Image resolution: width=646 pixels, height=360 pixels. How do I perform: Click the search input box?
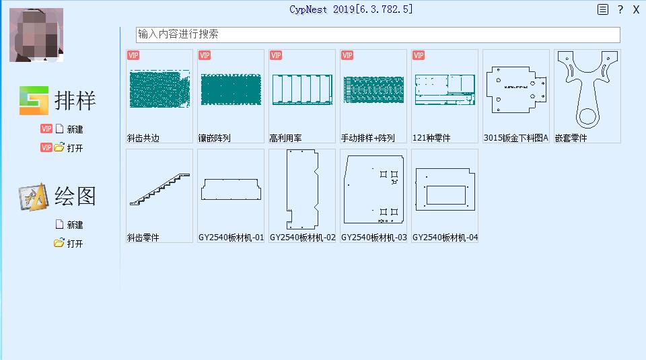378,34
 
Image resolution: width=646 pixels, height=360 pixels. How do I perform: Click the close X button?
636,10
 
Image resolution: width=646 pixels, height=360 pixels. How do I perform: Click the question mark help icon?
620,10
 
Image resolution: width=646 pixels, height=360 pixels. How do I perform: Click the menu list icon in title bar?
603,9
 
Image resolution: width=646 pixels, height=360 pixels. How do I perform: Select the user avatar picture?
36,35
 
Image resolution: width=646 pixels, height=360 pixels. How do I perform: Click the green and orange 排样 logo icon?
34,100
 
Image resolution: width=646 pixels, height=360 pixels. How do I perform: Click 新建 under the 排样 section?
75,129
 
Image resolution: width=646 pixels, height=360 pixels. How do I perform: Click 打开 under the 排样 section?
75,148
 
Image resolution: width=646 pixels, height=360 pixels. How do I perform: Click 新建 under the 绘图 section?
75,225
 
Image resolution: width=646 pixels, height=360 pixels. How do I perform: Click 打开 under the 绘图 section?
75,244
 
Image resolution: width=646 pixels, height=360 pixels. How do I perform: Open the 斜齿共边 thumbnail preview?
160,89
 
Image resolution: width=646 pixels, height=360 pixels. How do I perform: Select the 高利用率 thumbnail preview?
302,89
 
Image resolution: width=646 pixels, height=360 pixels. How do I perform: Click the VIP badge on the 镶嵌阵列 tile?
205,55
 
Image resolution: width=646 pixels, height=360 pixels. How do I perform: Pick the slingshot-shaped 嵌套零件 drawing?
587,89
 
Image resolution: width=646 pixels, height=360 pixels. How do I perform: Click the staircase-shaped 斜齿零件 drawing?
160,189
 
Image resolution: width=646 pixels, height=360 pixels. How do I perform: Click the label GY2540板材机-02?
303,238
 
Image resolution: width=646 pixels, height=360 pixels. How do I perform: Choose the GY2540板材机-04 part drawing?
445,189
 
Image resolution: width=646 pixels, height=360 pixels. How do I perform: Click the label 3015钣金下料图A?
516,138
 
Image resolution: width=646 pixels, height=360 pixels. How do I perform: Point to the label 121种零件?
431,138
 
